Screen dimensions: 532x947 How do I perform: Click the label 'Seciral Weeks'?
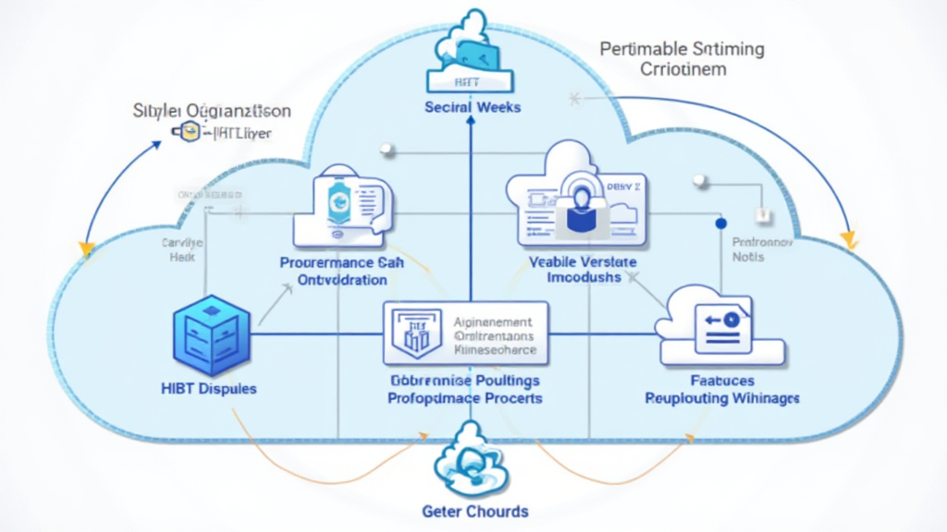[x=473, y=107]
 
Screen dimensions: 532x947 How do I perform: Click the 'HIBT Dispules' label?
[x=208, y=389]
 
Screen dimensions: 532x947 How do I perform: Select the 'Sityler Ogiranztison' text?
[x=213, y=112]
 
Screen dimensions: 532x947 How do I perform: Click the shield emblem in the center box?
[x=410, y=332]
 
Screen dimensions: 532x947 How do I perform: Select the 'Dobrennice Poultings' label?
[x=464, y=380]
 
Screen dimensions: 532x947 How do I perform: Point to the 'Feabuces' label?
[x=722, y=380]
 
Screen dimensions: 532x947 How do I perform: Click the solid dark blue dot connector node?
[x=721, y=224]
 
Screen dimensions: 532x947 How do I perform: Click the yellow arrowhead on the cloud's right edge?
[x=847, y=242]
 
